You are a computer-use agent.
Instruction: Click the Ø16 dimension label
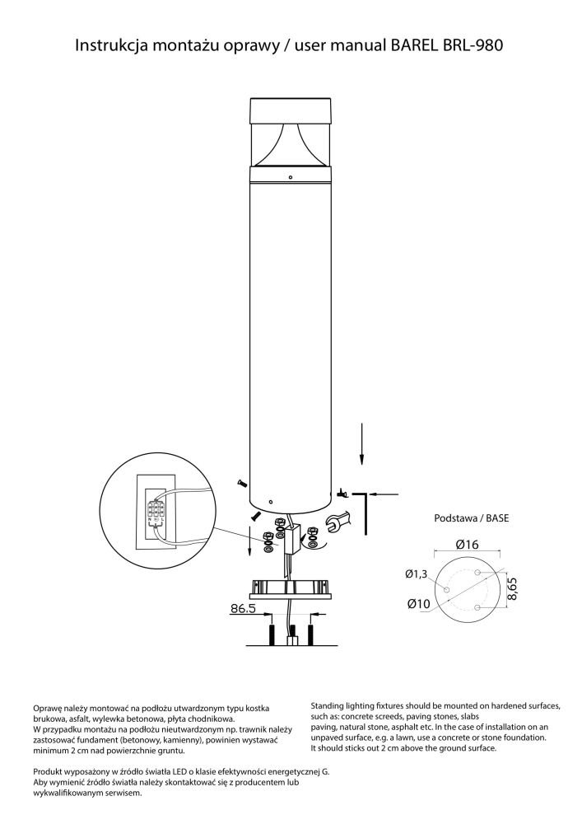[467, 545]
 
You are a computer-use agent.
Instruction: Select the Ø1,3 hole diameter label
[417, 574]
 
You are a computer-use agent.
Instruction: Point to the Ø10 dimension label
[418, 604]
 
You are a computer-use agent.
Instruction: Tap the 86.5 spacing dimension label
[243, 609]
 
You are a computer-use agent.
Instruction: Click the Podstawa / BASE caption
[471, 517]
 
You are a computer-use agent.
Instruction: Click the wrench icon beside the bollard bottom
[337, 522]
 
